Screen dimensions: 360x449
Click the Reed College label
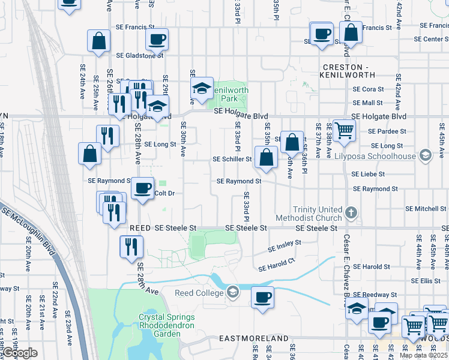pos(199,293)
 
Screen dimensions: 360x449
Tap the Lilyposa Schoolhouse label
pos(383,156)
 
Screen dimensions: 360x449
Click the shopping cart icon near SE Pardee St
pos(343,130)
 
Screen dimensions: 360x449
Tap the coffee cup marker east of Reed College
pos(262,296)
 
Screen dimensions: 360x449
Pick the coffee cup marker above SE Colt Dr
pos(142,188)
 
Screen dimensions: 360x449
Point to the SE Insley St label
pos(284,247)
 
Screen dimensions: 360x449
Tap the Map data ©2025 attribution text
pos(423,355)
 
